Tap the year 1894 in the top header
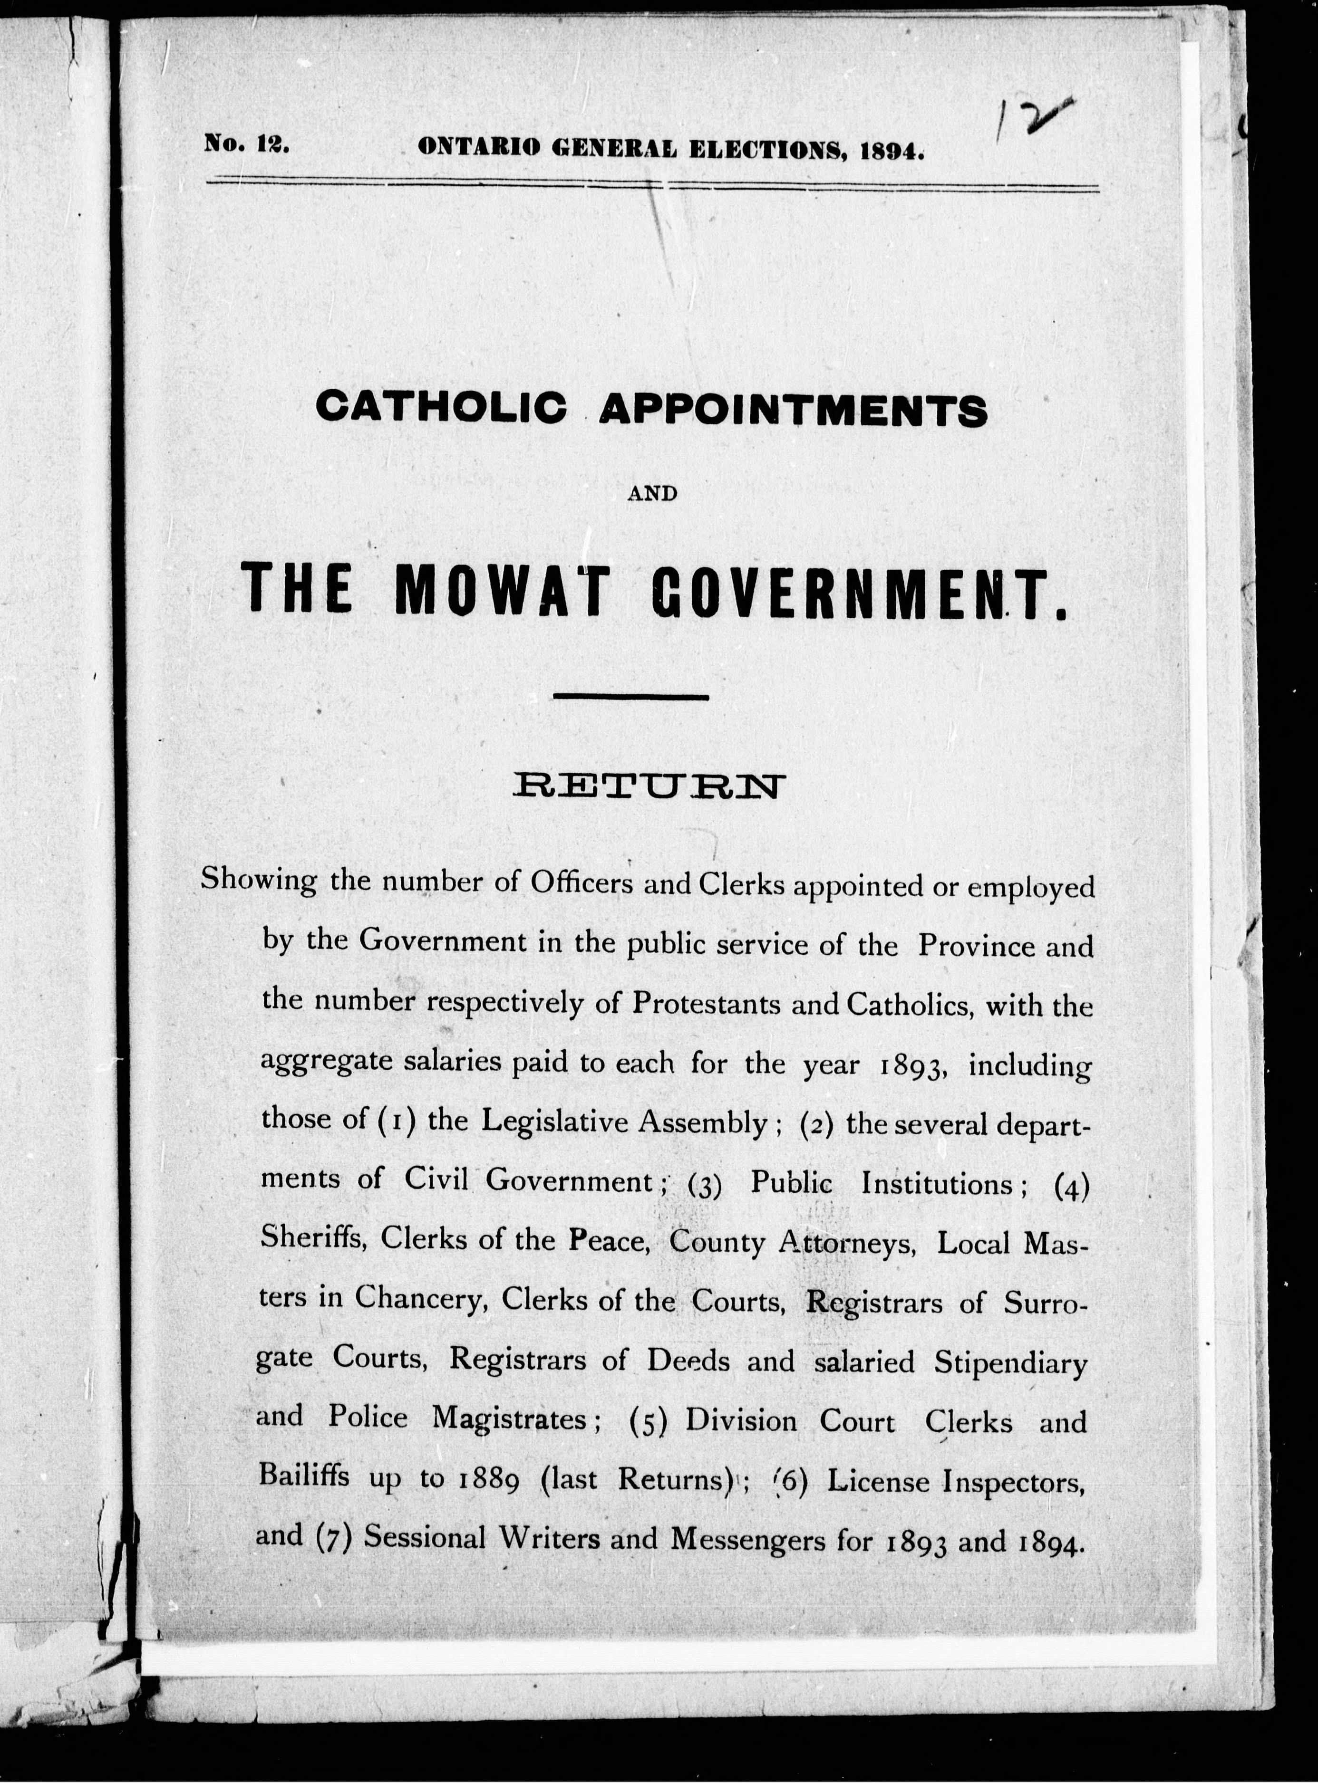(x=892, y=150)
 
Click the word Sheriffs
(x=313, y=1237)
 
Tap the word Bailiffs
(x=304, y=1475)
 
